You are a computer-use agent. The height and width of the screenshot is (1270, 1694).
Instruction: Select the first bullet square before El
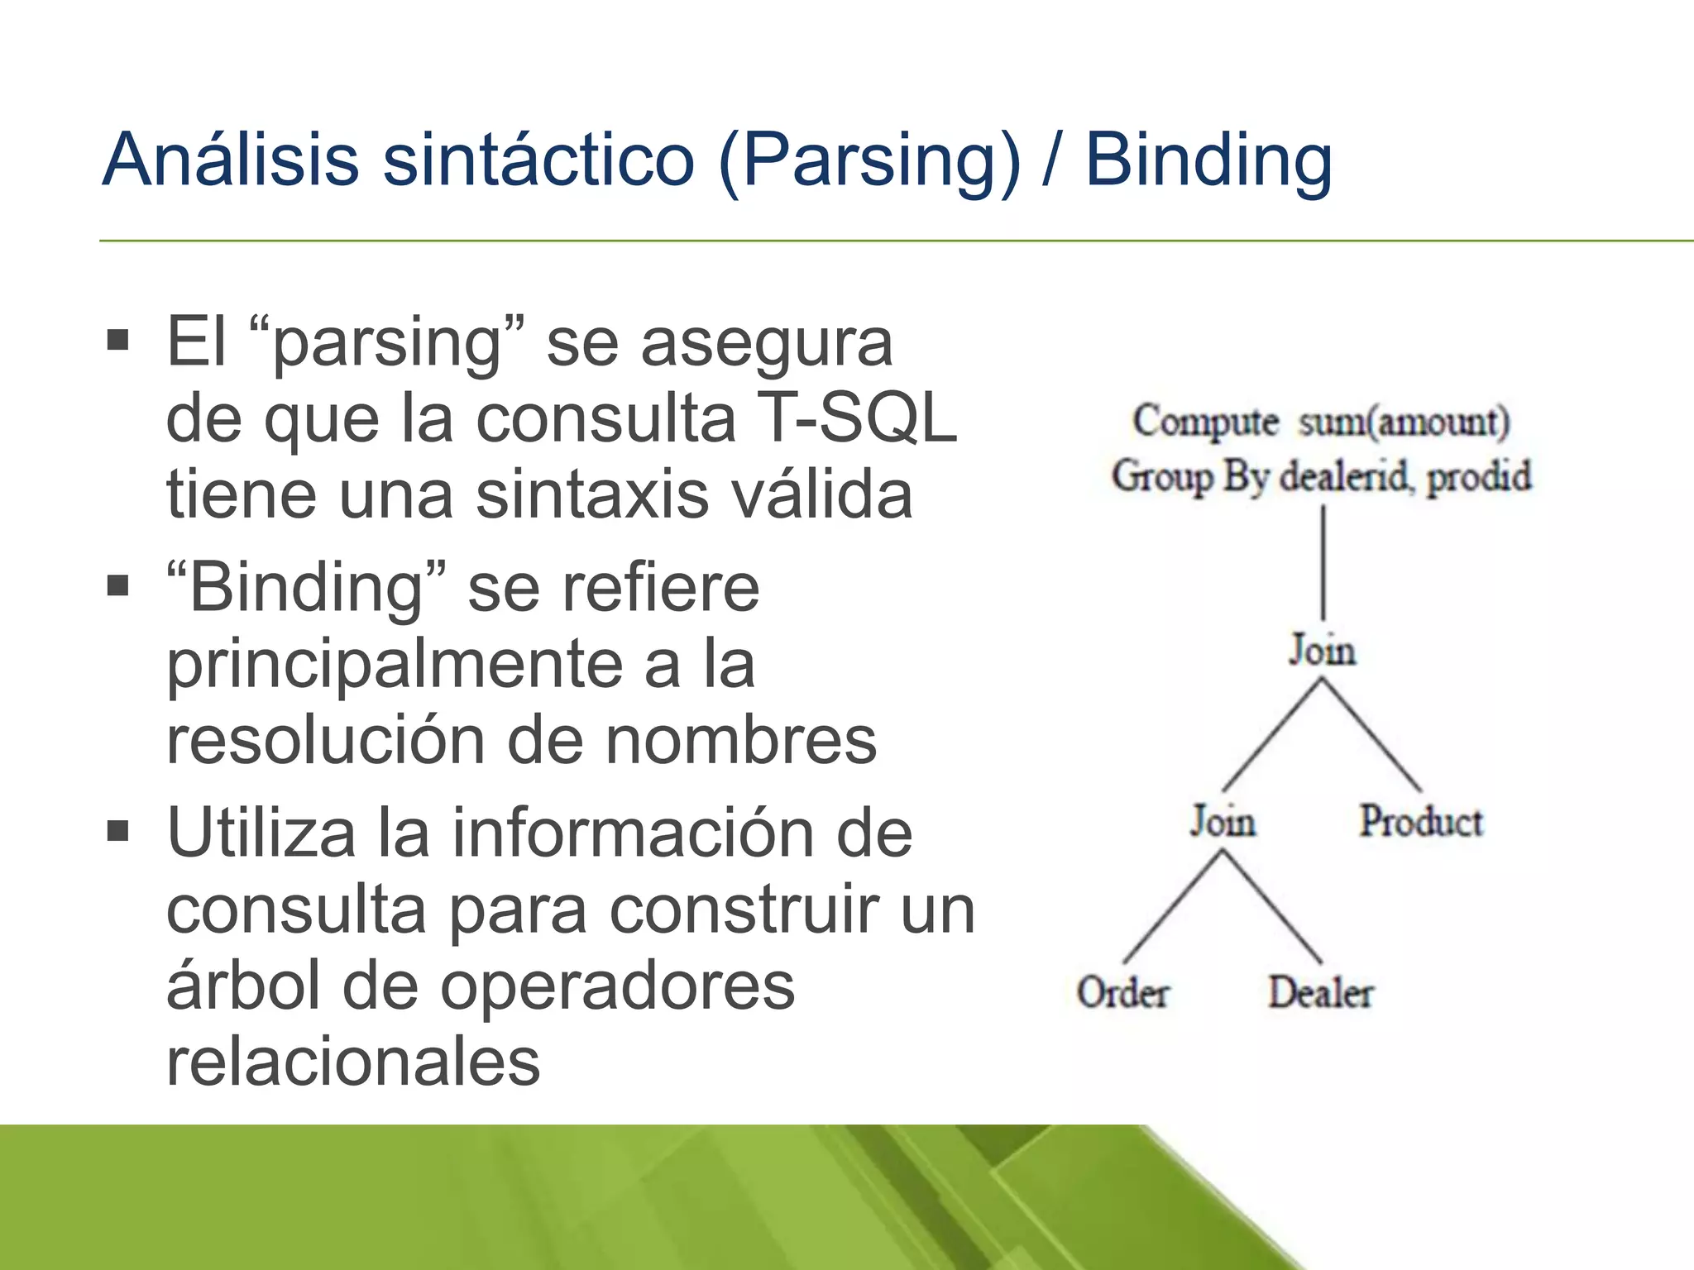[118, 340]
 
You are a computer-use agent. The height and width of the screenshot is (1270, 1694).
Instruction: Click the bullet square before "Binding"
[118, 586]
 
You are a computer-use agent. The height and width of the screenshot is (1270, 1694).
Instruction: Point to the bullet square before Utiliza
[118, 830]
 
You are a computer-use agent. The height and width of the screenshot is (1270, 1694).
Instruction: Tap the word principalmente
[394, 666]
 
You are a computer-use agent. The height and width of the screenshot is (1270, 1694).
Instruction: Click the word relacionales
[353, 1062]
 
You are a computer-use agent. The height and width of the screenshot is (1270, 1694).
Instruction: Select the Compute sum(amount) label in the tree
[1321, 422]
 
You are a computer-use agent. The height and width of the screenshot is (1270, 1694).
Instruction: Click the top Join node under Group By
[1322, 651]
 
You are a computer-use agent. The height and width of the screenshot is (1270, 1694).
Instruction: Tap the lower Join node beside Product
[1223, 822]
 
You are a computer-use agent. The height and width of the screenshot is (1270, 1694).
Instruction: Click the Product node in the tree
[1421, 822]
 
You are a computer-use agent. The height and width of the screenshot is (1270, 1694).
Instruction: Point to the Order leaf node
[1122, 993]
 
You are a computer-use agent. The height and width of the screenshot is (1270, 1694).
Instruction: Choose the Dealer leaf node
[1321, 993]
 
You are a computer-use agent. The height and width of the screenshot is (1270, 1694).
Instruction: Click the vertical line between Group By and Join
[1323, 562]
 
